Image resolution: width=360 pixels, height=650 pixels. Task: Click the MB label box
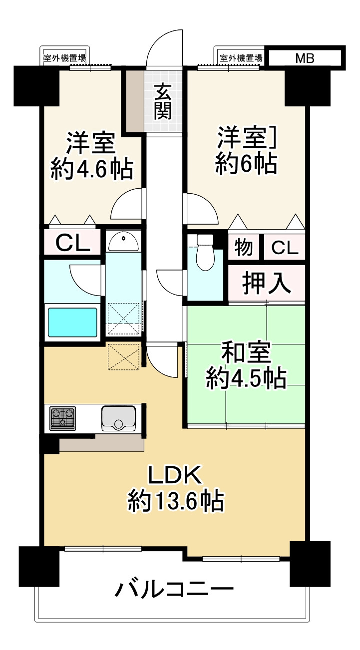[305, 58]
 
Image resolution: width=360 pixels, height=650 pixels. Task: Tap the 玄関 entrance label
[163, 101]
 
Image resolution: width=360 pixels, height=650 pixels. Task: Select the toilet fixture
[205, 253]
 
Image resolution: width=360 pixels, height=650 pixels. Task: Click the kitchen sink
[118, 418]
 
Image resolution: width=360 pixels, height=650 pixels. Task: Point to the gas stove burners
[63, 418]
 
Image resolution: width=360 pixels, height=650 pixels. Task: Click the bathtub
[72, 323]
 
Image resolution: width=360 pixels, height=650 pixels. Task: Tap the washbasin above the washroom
[123, 242]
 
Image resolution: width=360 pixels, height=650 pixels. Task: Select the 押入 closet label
[267, 283]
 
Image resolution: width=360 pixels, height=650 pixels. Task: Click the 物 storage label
[243, 247]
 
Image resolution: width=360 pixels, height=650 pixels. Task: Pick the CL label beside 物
[285, 248]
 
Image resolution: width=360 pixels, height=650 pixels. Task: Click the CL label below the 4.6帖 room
[72, 243]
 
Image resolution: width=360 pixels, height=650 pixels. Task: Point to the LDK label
[175, 474]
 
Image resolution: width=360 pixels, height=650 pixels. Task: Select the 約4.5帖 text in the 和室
[246, 379]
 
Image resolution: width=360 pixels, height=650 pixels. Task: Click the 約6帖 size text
[246, 164]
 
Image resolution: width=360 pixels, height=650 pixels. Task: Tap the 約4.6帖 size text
[92, 169]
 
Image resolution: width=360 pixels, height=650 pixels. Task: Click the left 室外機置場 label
[65, 58]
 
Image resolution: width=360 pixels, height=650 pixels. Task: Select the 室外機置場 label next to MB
[241, 58]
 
